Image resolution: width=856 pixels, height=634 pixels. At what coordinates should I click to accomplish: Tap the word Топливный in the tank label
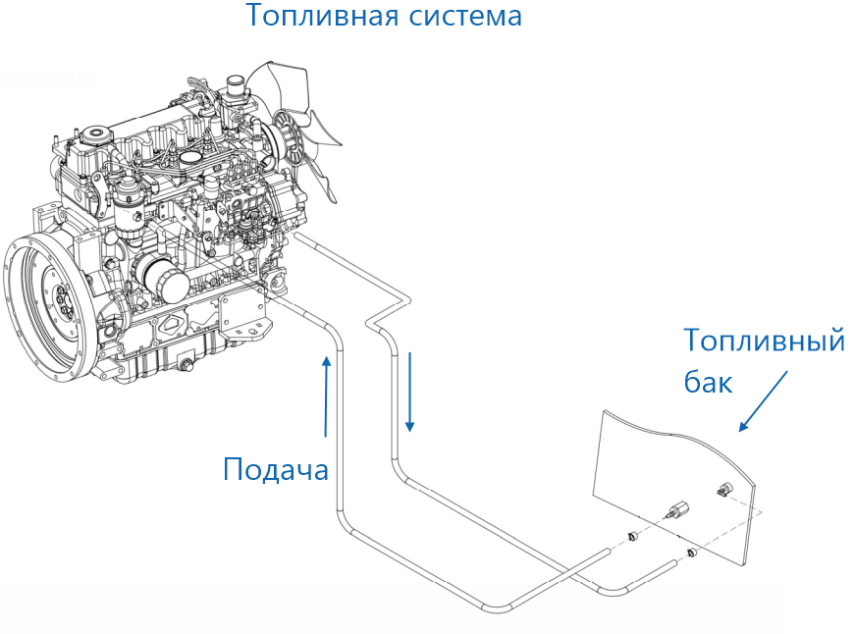pyautogui.click(x=764, y=342)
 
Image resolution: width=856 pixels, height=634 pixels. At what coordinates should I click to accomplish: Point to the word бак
pyautogui.click(x=708, y=382)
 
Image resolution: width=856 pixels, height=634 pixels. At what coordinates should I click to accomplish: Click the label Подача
pyautogui.click(x=275, y=469)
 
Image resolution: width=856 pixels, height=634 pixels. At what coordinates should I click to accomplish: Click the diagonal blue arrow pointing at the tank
pyautogui.click(x=765, y=401)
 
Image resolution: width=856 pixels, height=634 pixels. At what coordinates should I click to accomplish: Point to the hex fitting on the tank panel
pyautogui.click(x=676, y=509)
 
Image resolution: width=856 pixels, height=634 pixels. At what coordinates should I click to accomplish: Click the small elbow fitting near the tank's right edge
pyautogui.click(x=723, y=488)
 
